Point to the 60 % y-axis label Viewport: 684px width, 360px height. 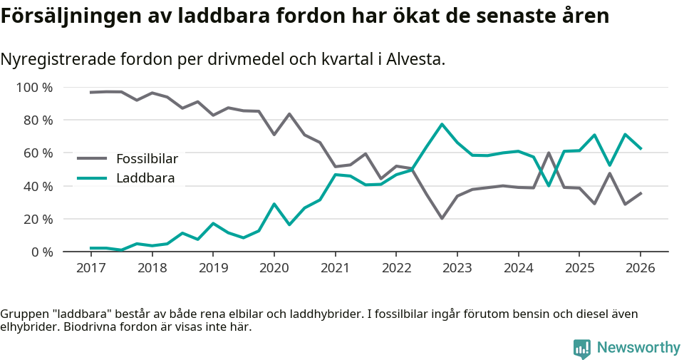[37, 153]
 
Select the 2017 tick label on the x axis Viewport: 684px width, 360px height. [90, 268]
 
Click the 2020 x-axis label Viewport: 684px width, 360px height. [274, 268]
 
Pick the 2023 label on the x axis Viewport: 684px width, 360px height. [457, 268]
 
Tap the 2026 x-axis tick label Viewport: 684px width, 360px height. [640, 268]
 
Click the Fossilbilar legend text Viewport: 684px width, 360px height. [147, 159]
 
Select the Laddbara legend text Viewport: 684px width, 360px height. [145, 178]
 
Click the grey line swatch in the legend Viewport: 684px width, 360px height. [91, 159]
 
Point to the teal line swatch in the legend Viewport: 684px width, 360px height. [91, 178]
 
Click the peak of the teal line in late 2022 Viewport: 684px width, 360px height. [442, 124]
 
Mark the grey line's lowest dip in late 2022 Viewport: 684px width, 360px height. [442, 218]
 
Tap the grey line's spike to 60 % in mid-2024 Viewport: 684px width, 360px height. [549, 153]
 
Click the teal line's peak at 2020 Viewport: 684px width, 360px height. [274, 204]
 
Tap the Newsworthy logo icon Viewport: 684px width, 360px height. [581, 348]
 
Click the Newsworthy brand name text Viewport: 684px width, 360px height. [638, 348]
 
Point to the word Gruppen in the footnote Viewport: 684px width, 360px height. [23, 314]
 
